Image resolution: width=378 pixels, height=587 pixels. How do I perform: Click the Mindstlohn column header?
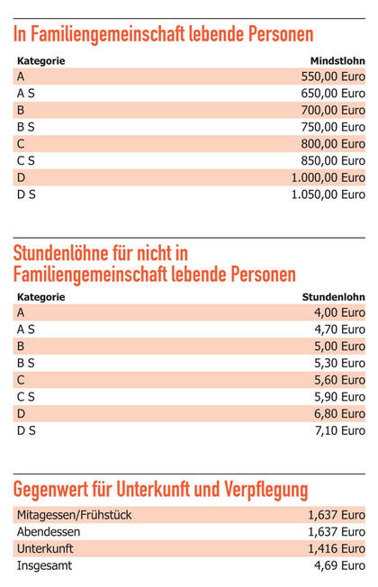pos(337,60)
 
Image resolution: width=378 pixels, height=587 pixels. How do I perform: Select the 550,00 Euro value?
pos(333,77)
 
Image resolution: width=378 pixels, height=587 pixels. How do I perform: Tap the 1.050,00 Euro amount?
pos(328,194)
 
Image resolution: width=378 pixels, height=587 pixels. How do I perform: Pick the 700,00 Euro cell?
pos(333,111)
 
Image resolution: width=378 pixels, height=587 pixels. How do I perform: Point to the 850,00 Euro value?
pos(333,161)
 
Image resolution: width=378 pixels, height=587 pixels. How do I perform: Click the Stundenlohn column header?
pos(334,297)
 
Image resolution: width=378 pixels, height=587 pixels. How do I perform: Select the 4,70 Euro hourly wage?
pos(339,330)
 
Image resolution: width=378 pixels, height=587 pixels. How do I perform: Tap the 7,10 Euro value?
pos(339,430)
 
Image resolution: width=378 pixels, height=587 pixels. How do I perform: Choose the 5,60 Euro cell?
pos(339,380)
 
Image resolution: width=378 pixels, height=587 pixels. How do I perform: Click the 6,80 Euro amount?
pos(339,413)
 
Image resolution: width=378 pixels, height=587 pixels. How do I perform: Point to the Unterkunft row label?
pos(45,549)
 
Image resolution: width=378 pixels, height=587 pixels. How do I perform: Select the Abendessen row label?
pos(49,532)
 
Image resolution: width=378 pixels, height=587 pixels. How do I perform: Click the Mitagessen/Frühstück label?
pos(75,515)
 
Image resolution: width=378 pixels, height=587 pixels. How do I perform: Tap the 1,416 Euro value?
pos(337,549)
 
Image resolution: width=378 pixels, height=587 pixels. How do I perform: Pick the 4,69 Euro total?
pos(339,565)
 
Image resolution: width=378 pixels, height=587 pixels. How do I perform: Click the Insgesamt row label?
pos(44,565)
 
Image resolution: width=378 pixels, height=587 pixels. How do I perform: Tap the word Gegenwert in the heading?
pos(52,489)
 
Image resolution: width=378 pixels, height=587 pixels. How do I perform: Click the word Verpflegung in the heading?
pos(266,489)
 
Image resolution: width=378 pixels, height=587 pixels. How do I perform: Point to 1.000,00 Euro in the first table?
pos(328,178)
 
